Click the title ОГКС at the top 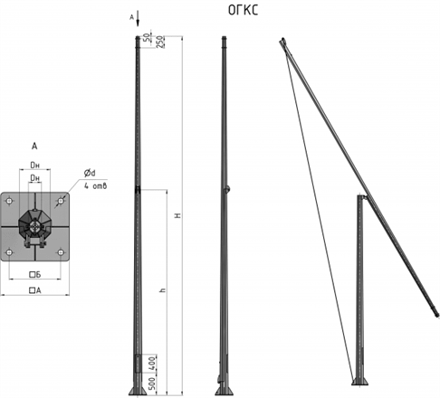tap(243, 10)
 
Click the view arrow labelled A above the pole tap(138, 19)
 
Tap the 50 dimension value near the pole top tap(147, 38)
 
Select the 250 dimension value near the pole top tap(160, 42)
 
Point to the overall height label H tap(178, 215)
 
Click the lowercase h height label tap(163, 290)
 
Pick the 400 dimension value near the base tap(152, 364)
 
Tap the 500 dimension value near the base tap(153, 384)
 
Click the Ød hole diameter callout tap(90, 173)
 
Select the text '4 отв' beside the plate tap(95, 186)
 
